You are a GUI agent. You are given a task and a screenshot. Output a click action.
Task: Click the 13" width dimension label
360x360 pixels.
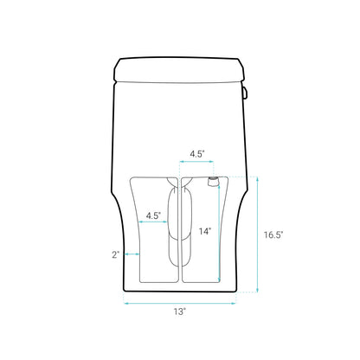pyautogui.click(x=180, y=312)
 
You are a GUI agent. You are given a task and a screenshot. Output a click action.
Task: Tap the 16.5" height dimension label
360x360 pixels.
pyautogui.click(x=273, y=235)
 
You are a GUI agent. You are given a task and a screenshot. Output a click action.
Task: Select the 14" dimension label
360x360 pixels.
pyautogui.click(x=204, y=231)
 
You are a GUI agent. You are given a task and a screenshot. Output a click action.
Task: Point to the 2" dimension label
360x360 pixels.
pyautogui.click(x=115, y=254)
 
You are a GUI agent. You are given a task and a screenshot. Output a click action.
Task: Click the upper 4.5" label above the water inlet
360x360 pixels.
pyautogui.click(x=196, y=154)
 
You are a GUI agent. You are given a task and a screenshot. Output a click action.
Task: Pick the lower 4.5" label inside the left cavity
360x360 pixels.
pyautogui.click(x=153, y=215)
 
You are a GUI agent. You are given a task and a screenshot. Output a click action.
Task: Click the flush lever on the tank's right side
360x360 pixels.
pyautogui.click(x=246, y=89)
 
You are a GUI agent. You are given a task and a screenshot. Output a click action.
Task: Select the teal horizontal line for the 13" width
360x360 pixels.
pyautogui.click(x=180, y=303)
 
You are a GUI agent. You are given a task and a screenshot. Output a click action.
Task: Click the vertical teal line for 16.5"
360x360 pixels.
pyautogui.click(x=258, y=235)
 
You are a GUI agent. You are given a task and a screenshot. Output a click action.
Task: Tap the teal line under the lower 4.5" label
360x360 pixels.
pyautogui.click(x=153, y=223)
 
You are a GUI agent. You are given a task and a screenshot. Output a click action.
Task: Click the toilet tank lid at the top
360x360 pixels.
pyautogui.click(x=180, y=66)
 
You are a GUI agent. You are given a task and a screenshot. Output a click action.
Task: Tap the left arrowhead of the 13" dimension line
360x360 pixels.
pyautogui.click(x=126, y=303)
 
